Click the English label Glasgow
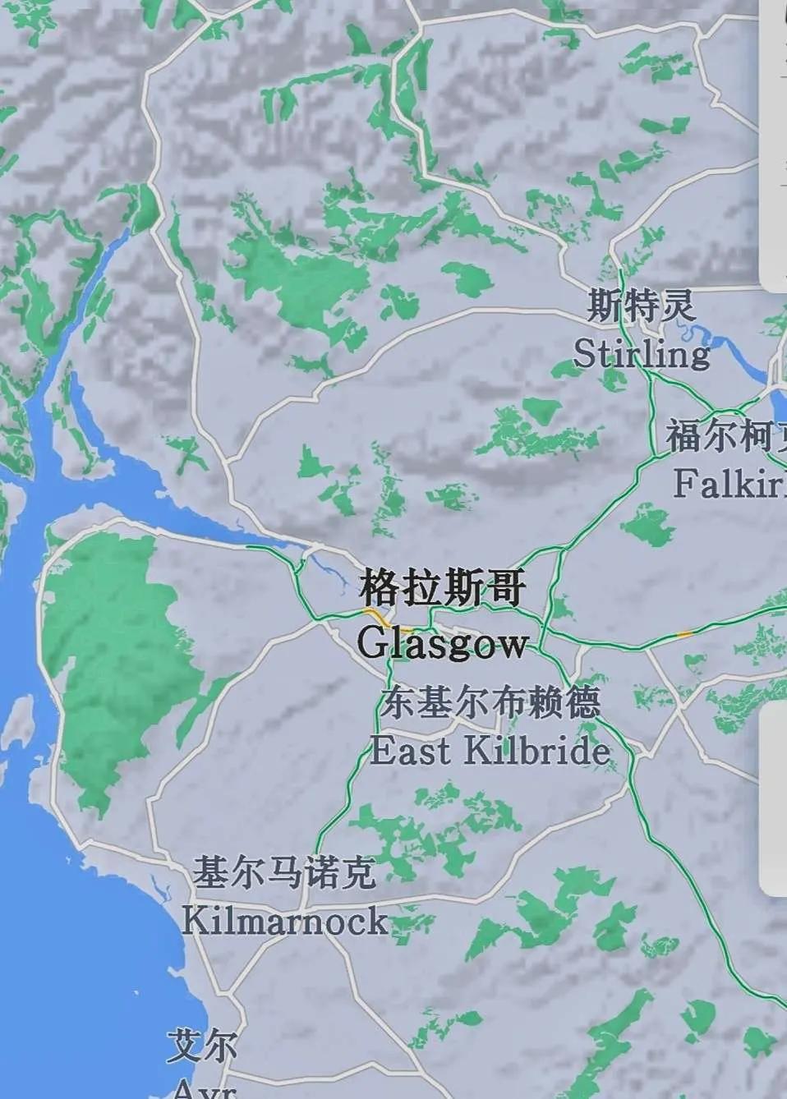442,642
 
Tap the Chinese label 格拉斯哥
442,589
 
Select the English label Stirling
641,354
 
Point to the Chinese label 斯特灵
641,306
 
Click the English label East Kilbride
490,751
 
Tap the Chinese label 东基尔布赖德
490,703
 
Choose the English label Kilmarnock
284,921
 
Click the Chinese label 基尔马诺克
284,873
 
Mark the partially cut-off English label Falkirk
729,483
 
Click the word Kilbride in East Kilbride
537,751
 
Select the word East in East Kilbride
411,751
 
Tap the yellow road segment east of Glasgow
683,633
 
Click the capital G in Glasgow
372,641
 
